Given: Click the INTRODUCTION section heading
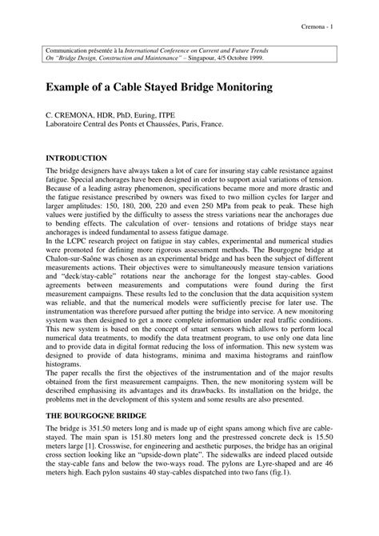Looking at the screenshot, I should [76, 158].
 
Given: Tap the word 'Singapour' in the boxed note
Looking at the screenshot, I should [213, 58].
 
